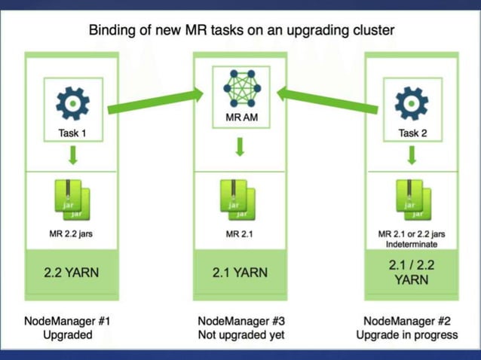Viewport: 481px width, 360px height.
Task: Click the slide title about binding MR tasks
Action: [241, 31]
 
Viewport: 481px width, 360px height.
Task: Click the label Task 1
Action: [72, 133]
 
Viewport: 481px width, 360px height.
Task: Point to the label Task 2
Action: [411, 133]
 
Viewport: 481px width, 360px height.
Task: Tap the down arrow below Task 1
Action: [72, 156]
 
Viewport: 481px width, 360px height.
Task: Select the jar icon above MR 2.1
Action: [240, 200]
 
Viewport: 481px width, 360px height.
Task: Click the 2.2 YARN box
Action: [72, 273]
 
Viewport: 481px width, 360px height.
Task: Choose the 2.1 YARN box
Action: [240, 273]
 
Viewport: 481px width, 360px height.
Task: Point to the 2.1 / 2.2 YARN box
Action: [412, 273]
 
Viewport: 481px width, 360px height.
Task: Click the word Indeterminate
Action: [412, 245]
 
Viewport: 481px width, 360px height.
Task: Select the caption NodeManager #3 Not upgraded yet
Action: [240, 328]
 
